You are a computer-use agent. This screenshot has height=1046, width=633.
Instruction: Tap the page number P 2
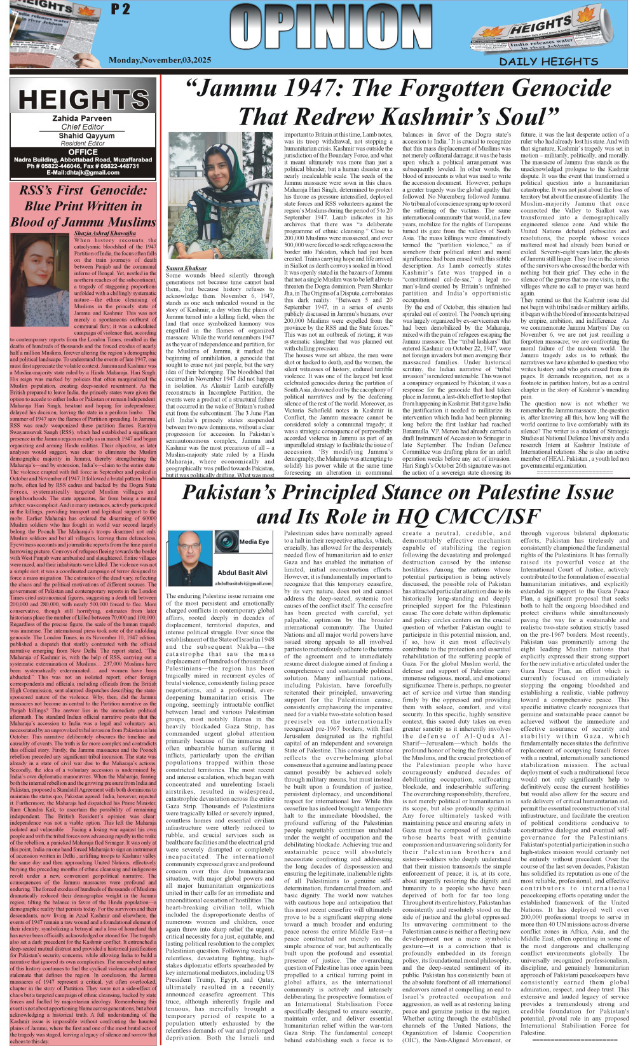(x=120, y=9)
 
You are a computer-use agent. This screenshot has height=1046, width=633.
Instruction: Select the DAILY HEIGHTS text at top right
(x=548, y=62)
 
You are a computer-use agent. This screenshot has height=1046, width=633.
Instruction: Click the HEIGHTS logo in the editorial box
(x=83, y=100)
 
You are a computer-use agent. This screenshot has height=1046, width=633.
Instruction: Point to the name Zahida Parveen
(x=83, y=118)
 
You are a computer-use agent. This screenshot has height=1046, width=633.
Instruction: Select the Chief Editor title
(x=83, y=126)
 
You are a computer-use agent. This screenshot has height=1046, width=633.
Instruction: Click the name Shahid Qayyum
(x=83, y=135)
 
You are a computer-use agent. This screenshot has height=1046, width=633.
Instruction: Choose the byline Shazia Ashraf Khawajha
(x=105, y=233)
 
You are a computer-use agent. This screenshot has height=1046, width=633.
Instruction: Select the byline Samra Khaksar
(x=186, y=268)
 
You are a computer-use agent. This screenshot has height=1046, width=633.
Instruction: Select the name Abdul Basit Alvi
(x=242, y=573)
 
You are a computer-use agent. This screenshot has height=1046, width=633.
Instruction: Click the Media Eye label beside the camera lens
(x=254, y=541)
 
